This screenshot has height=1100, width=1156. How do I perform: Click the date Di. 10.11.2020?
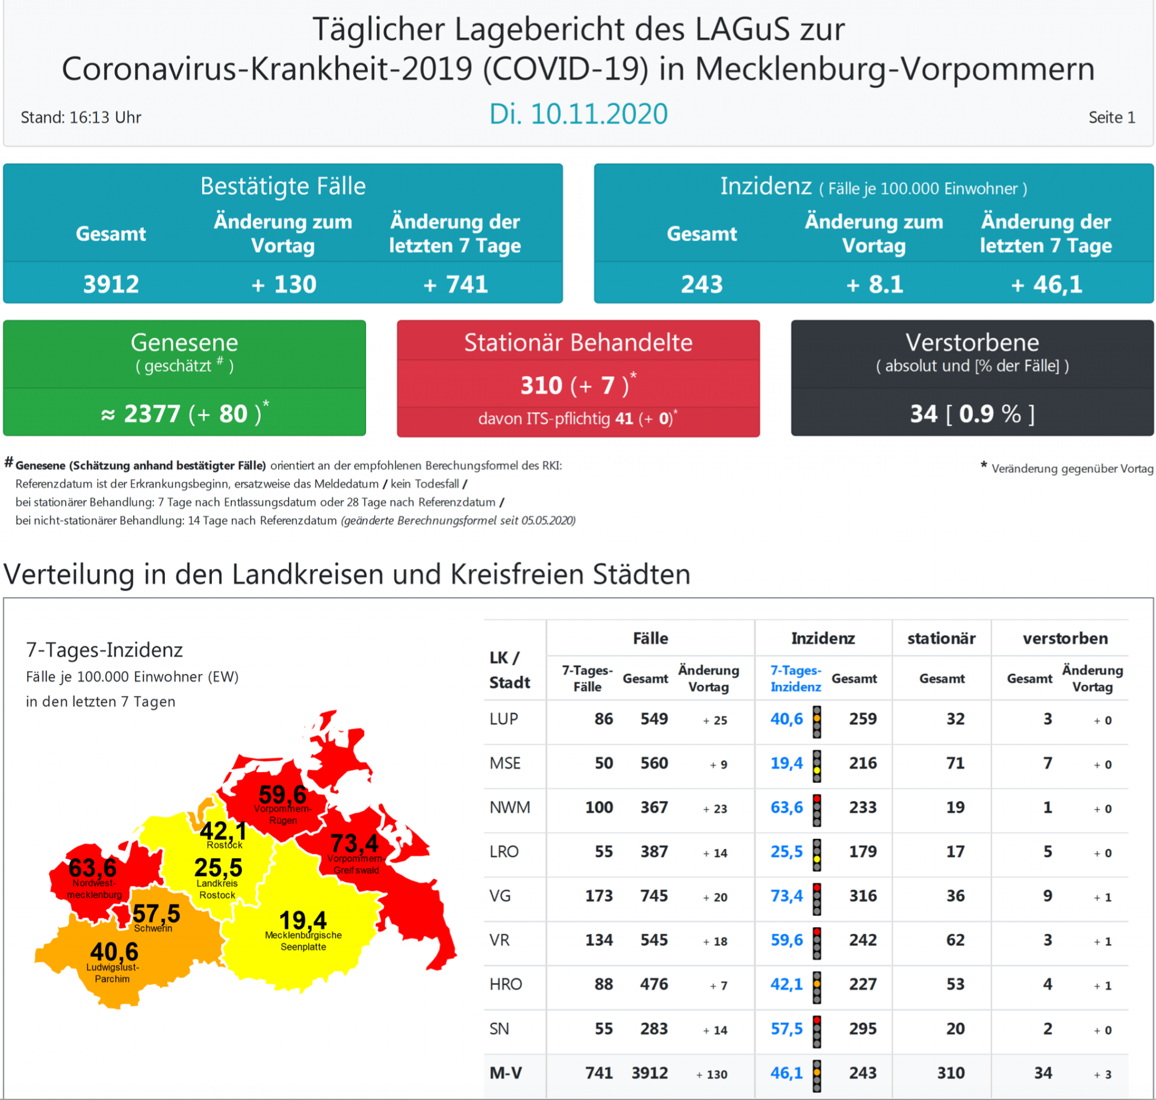click(578, 114)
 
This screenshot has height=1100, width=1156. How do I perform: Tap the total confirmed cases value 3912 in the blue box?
click(111, 284)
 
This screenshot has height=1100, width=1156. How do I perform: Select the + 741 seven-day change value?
click(455, 284)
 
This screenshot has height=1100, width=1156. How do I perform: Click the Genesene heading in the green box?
click(184, 342)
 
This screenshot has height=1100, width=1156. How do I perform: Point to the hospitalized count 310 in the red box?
click(541, 385)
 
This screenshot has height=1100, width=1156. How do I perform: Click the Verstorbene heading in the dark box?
click(972, 342)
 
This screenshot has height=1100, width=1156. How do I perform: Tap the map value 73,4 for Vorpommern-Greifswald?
click(354, 843)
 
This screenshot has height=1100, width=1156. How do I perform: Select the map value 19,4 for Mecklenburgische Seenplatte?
click(303, 920)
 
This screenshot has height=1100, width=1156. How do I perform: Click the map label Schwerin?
click(153, 928)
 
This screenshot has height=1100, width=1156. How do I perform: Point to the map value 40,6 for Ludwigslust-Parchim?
click(114, 951)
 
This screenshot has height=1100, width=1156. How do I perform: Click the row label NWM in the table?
click(509, 808)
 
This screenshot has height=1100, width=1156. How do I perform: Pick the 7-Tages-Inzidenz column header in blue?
click(795, 678)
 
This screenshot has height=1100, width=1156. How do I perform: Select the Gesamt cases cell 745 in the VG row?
click(654, 896)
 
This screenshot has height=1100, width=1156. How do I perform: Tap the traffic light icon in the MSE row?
click(816, 765)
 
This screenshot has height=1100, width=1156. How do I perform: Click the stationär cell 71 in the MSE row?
click(955, 763)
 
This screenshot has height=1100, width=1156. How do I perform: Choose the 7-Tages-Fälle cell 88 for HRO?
click(603, 984)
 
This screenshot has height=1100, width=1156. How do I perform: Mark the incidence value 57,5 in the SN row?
click(786, 1029)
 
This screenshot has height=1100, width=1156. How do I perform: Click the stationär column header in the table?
click(941, 638)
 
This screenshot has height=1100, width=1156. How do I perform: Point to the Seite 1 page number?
click(1111, 117)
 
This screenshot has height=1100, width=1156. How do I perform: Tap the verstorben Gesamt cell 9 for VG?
click(1048, 896)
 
